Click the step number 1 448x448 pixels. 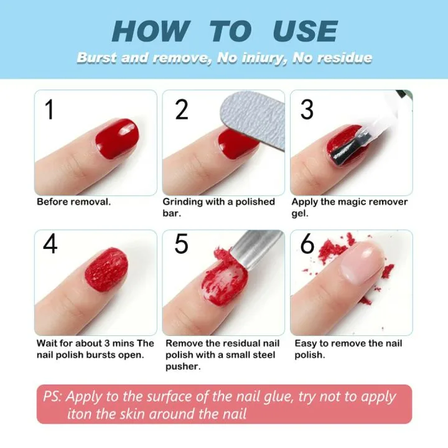click(50, 110)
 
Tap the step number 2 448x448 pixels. click(181, 110)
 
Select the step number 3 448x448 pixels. click(307, 110)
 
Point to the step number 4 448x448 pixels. click(50, 244)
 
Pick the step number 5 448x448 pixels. click(181, 244)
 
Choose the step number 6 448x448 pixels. click(307, 244)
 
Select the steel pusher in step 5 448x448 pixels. click(255, 249)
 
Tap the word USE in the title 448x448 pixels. click(305, 32)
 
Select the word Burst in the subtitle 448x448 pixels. click(96, 58)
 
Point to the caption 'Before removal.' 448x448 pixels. click(73, 202)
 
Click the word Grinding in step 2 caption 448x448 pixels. click(185, 202)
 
